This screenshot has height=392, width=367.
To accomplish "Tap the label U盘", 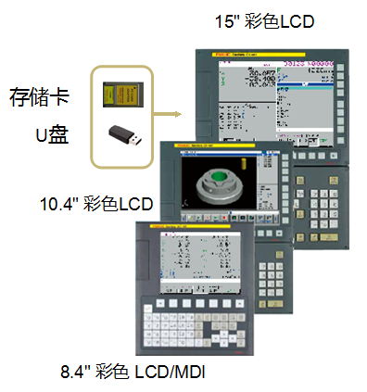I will coord(51,137).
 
